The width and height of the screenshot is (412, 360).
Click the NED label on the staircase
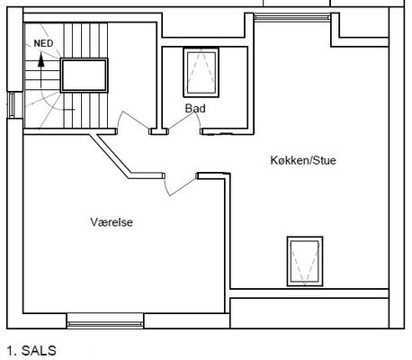point(43,43)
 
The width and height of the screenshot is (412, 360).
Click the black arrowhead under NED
point(41,60)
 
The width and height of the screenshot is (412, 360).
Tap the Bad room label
point(195,108)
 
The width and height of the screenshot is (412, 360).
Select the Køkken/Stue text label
point(303,160)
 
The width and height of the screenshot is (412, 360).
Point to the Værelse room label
point(112,222)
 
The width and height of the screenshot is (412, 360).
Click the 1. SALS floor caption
point(31,351)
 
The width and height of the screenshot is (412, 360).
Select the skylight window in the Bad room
point(202,72)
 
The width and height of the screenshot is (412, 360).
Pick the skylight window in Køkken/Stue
point(305,261)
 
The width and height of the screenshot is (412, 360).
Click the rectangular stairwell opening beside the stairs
point(84,76)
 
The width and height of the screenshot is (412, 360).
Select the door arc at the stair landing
point(133,120)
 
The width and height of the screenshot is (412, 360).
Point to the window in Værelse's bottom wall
point(105,321)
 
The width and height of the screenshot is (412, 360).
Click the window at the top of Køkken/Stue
point(292,17)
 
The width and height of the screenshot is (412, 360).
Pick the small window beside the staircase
point(11,104)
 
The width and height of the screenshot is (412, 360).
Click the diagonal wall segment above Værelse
point(111,155)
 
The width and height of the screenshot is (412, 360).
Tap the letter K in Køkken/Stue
point(274,160)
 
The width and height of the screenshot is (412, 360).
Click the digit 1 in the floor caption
point(11,351)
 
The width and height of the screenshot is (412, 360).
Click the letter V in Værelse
point(94,222)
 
